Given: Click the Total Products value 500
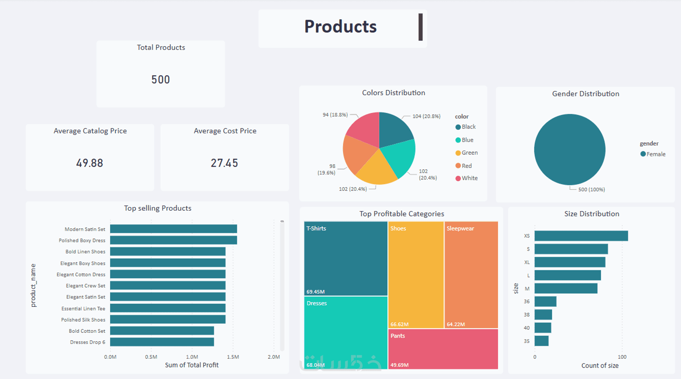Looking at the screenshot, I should pyautogui.click(x=160, y=80).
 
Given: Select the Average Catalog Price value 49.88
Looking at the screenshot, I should pyautogui.click(x=89, y=163).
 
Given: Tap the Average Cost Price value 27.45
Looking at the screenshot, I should pyautogui.click(x=224, y=163).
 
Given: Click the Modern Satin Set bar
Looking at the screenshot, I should pyautogui.click(x=173, y=229).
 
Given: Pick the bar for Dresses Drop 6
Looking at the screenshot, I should pyautogui.click(x=162, y=342).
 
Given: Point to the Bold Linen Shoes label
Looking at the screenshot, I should pyautogui.click(x=85, y=252).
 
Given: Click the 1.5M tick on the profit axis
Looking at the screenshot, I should pyautogui.click(x=233, y=357).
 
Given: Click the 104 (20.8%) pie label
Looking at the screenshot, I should pyautogui.click(x=426, y=117).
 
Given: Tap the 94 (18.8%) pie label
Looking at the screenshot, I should pyautogui.click(x=335, y=115).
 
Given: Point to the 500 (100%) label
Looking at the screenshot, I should pyautogui.click(x=591, y=189).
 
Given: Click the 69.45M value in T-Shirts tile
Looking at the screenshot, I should pyautogui.click(x=315, y=292).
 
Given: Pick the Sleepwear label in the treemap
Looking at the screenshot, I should pyautogui.click(x=460, y=229).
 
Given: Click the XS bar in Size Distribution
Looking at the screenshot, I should pyautogui.click(x=581, y=236).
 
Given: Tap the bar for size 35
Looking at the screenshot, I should pyautogui.click(x=541, y=341).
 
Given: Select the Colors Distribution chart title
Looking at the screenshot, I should pyautogui.click(x=393, y=93).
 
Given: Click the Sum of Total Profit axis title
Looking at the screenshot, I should pyautogui.click(x=192, y=365).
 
